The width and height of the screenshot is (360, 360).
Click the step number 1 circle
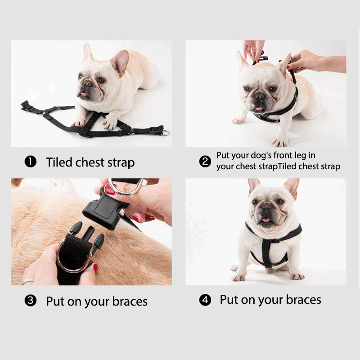(x=31, y=162)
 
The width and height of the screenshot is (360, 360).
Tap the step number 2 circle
(x=205, y=161)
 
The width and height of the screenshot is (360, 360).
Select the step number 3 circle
(x=31, y=301)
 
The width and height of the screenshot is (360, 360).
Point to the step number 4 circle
(x=205, y=300)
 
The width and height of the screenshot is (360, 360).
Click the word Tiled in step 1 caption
(x=59, y=162)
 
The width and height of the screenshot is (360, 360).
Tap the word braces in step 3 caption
(x=130, y=301)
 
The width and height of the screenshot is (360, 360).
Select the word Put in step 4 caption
(x=229, y=299)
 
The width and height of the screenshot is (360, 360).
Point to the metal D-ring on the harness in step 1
(x=166, y=132)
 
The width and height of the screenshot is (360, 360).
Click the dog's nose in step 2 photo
(x=260, y=96)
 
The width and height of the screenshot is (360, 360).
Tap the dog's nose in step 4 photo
(x=267, y=205)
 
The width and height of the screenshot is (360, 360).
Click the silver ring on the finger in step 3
(x=27, y=282)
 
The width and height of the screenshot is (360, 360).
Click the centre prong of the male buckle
(x=88, y=232)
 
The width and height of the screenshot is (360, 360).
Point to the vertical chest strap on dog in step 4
(x=266, y=253)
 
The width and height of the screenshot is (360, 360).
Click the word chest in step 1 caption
(x=90, y=162)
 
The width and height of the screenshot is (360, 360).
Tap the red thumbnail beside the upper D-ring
(x=109, y=189)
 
